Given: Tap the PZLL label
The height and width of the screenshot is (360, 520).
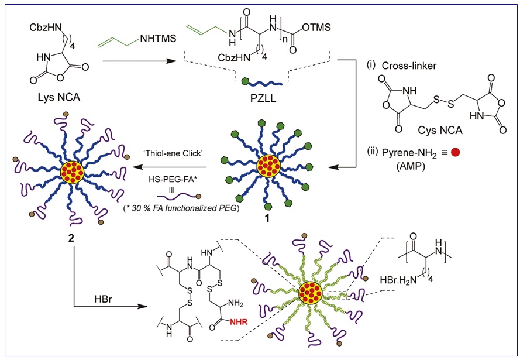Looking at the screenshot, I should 261,95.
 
